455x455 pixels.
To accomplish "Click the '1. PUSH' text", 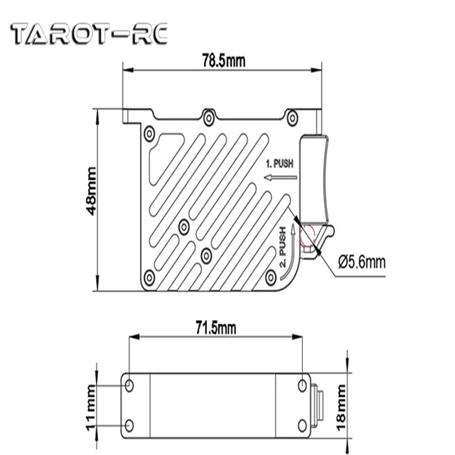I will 279,163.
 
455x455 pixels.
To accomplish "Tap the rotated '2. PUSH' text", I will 284,250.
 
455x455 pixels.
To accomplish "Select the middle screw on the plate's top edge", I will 208,117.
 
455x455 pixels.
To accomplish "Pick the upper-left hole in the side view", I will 129,385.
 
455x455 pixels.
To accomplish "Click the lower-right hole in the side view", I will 304,425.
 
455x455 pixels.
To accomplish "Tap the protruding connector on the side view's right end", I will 318,405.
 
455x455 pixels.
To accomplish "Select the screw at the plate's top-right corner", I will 291,117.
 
